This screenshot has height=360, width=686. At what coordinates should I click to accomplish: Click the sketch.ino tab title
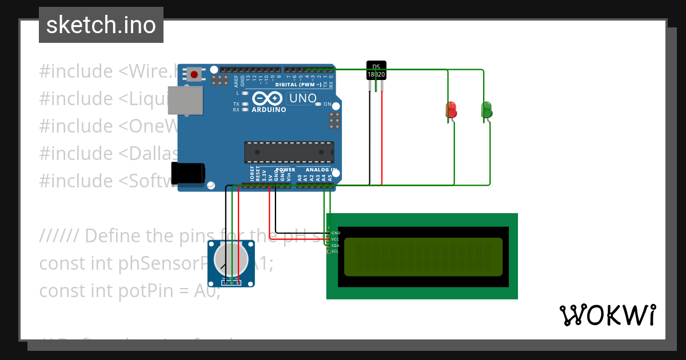(x=101, y=25)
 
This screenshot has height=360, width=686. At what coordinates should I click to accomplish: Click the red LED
(x=451, y=110)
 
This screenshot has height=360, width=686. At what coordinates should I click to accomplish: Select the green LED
(x=486, y=110)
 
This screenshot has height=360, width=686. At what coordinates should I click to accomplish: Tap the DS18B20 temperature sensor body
(x=376, y=70)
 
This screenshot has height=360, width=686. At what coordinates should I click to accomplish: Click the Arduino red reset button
(x=196, y=74)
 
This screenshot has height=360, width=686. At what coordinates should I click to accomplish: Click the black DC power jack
(x=188, y=173)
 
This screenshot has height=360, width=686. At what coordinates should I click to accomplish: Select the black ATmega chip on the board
(x=289, y=152)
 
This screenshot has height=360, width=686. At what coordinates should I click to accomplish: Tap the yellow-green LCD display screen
(x=423, y=257)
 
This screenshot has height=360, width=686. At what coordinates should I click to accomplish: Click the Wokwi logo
(x=608, y=315)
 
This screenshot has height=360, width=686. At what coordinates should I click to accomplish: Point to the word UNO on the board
(x=302, y=98)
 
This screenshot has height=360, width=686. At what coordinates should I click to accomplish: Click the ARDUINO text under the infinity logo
(x=269, y=110)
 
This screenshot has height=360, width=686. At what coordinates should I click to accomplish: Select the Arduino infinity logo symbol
(x=266, y=98)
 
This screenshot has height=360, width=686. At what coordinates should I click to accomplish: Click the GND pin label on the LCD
(x=336, y=233)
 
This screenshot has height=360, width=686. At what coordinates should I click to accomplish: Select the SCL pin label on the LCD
(x=335, y=251)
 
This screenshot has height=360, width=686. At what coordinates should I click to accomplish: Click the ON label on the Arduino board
(x=328, y=104)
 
